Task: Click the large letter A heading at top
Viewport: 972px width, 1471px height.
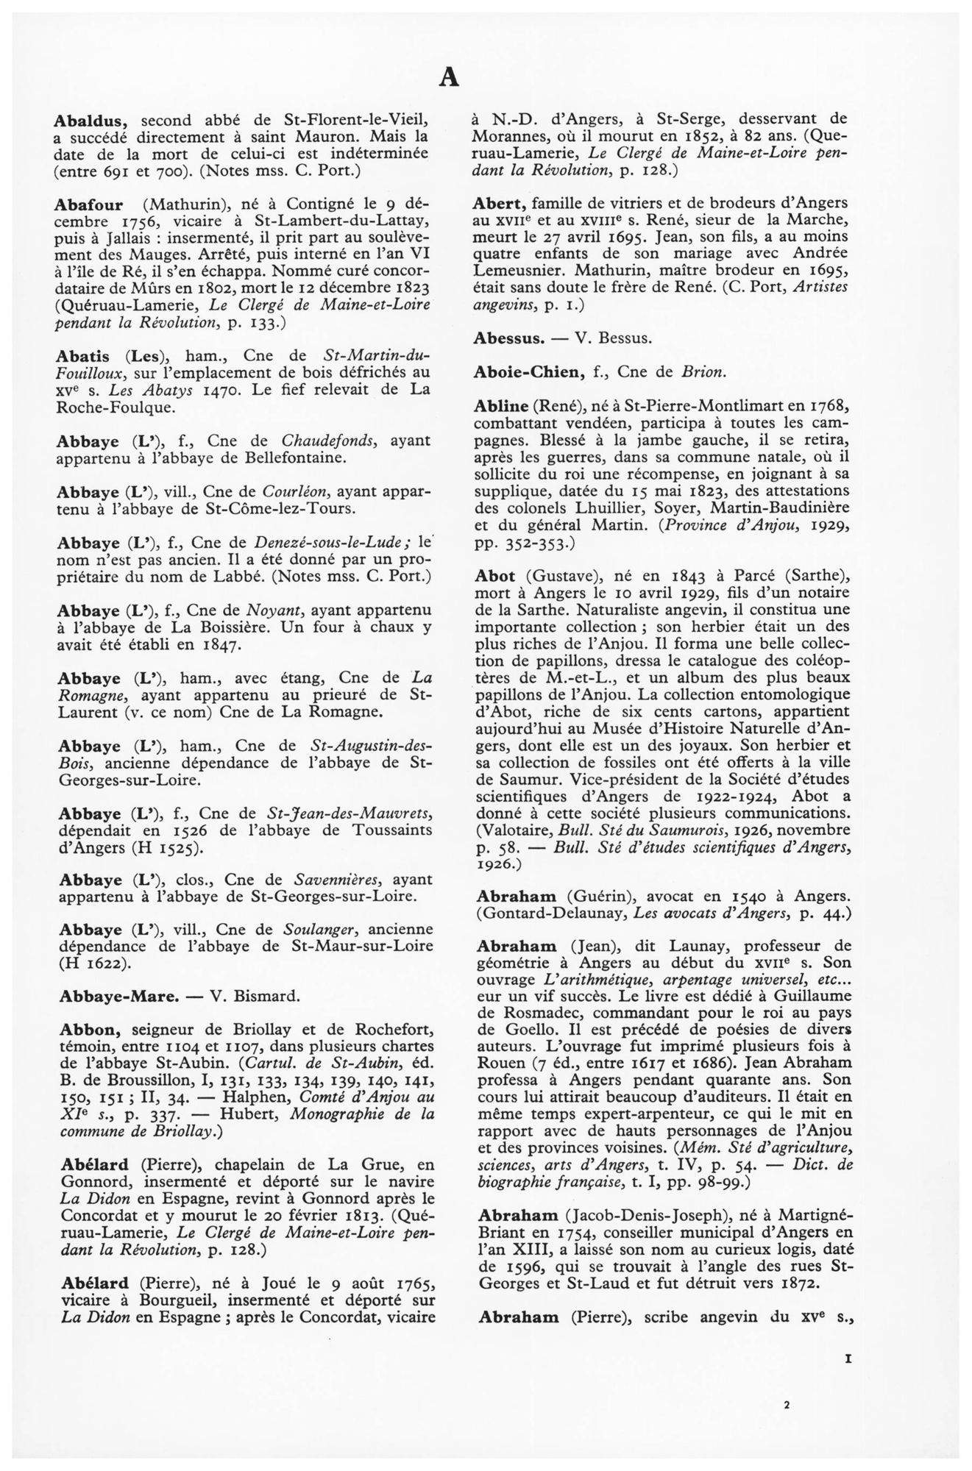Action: click(x=449, y=76)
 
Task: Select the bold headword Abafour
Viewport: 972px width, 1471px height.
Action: click(x=92, y=202)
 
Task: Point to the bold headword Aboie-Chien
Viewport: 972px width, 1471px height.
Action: click(x=526, y=371)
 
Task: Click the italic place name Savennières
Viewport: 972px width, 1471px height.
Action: click(x=331, y=880)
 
